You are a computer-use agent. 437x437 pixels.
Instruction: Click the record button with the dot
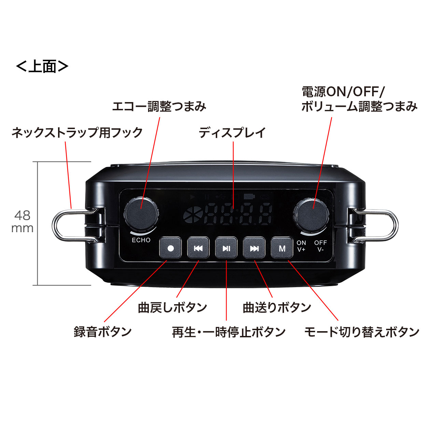[170, 248]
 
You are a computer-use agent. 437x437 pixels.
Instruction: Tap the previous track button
[198, 248]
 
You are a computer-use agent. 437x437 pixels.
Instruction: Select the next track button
[254, 248]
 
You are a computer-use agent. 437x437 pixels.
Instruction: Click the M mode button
[282, 248]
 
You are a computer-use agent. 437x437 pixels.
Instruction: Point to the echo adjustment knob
[141, 214]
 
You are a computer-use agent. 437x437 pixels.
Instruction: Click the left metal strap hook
[70, 226]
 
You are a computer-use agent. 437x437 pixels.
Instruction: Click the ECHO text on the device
[141, 240]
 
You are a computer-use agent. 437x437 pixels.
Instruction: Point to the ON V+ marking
[301, 246]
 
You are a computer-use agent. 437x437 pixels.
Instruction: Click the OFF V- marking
[321, 246]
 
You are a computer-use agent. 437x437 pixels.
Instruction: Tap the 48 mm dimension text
[23, 222]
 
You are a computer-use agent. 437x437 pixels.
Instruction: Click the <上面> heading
[42, 66]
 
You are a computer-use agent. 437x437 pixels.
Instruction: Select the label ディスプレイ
[232, 132]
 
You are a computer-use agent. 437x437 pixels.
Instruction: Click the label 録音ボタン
[103, 332]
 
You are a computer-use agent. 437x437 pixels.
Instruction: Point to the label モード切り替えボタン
[362, 332]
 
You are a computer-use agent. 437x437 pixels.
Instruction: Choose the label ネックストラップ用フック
[77, 132]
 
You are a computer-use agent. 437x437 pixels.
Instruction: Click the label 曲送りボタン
[277, 307]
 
